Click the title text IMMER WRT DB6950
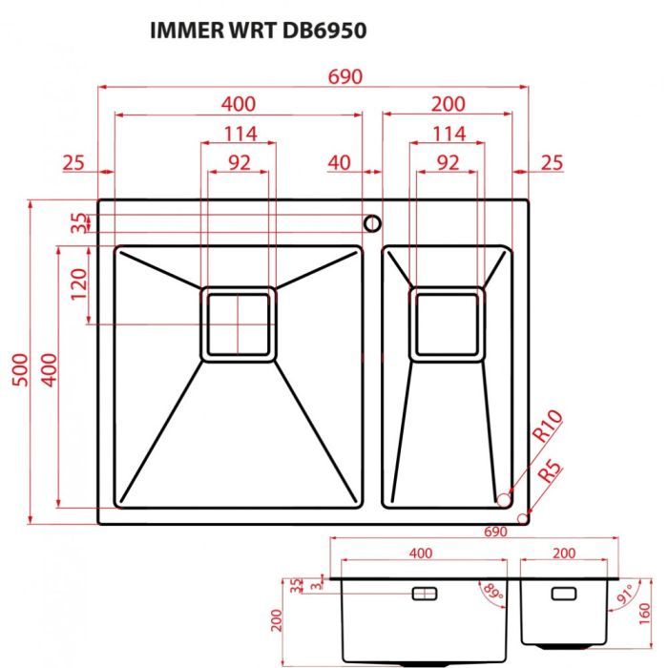tap(258, 30)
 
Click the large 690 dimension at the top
tap(345, 76)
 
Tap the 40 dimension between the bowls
tap(339, 162)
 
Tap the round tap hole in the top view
tap(371, 223)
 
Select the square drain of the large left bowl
tap(238, 324)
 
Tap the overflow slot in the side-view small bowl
tap(564, 594)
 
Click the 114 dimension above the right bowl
tap(449, 134)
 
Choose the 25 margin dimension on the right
tap(552, 162)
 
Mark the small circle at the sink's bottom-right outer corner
tap(522, 517)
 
